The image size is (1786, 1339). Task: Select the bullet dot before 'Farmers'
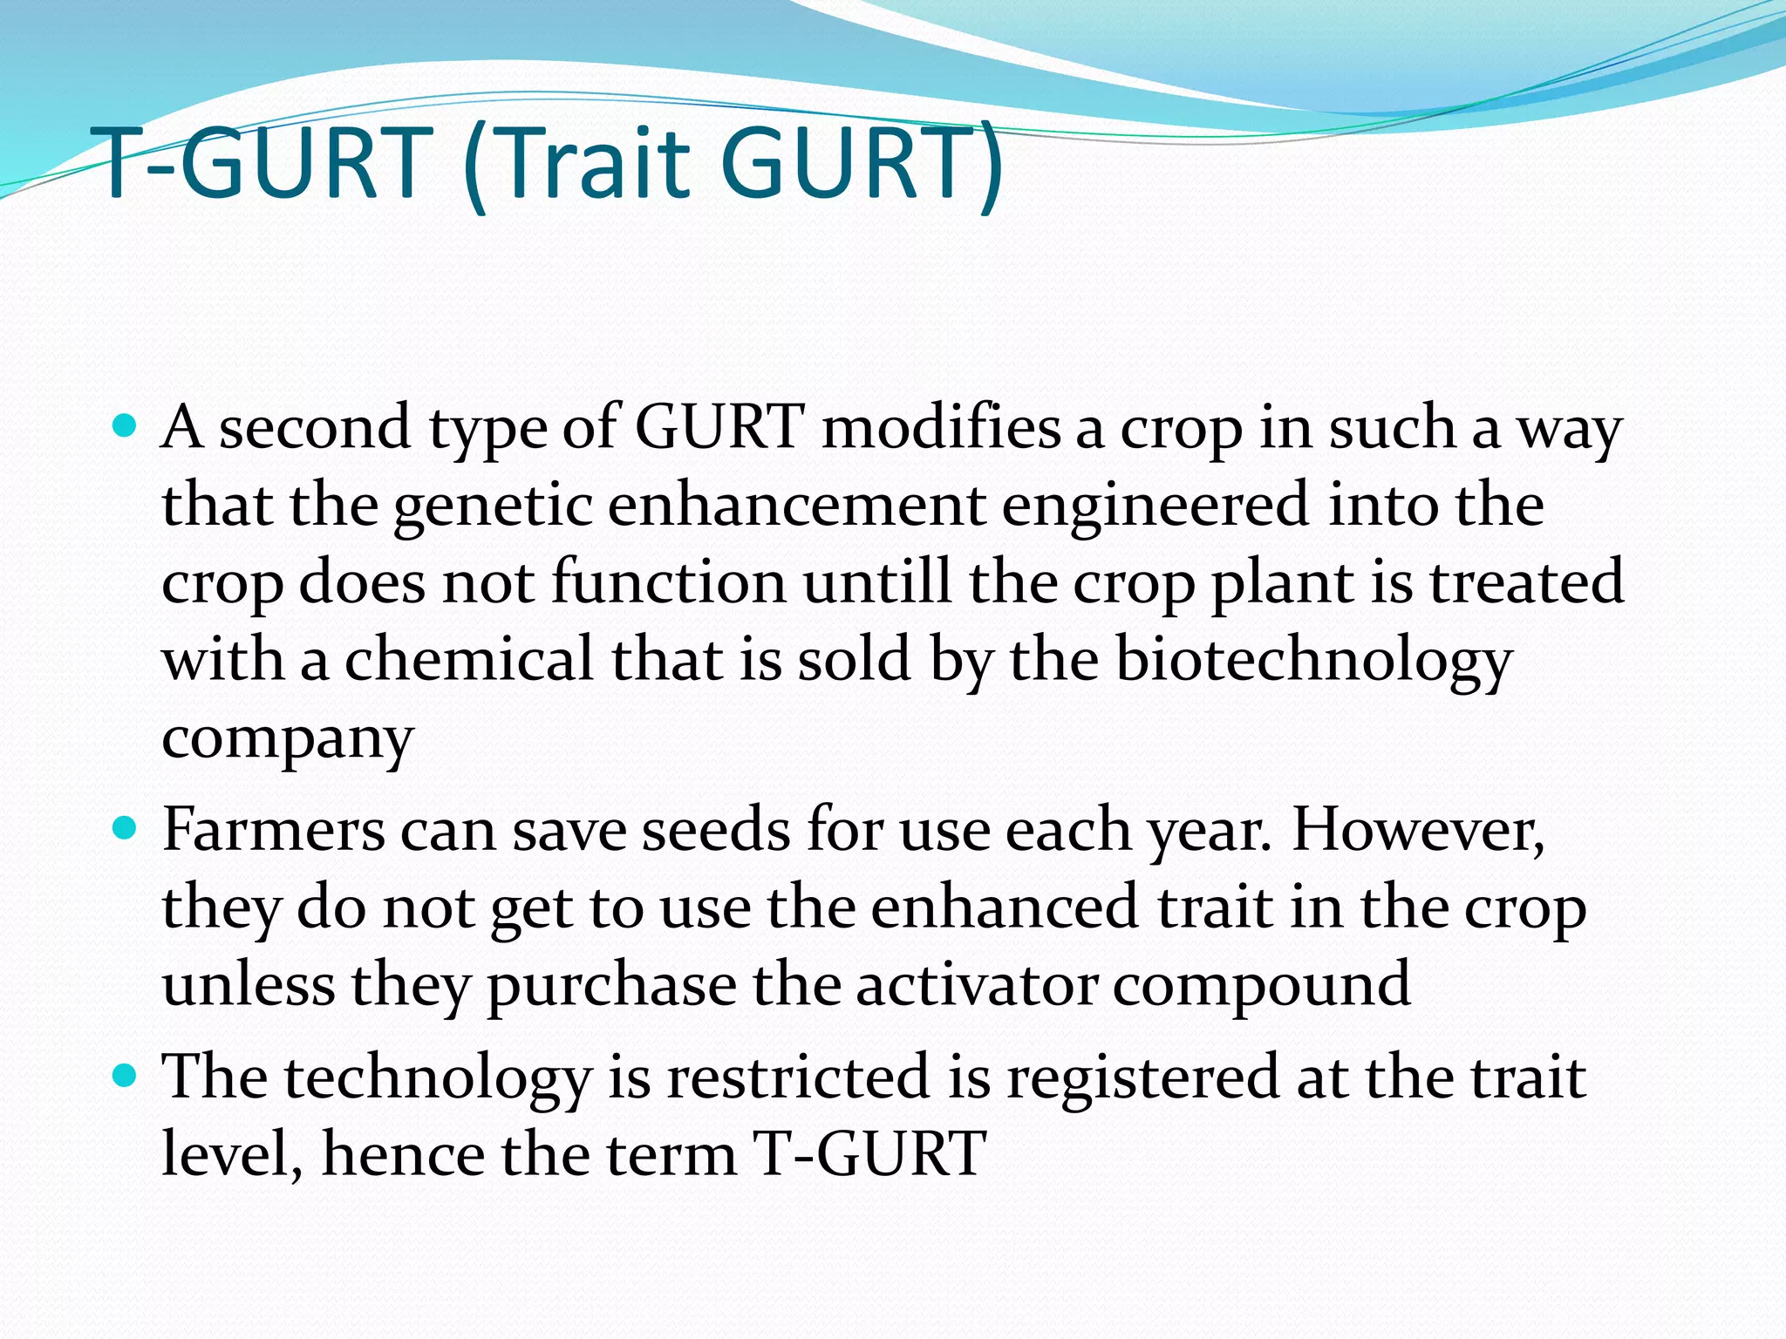coord(126,827)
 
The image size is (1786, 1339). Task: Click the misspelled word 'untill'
coord(877,581)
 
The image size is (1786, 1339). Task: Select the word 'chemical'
coord(469,659)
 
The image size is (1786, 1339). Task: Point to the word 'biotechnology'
coord(1312,660)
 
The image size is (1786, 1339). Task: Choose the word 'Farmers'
coord(273,829)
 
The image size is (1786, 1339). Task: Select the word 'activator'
coord(976,984)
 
